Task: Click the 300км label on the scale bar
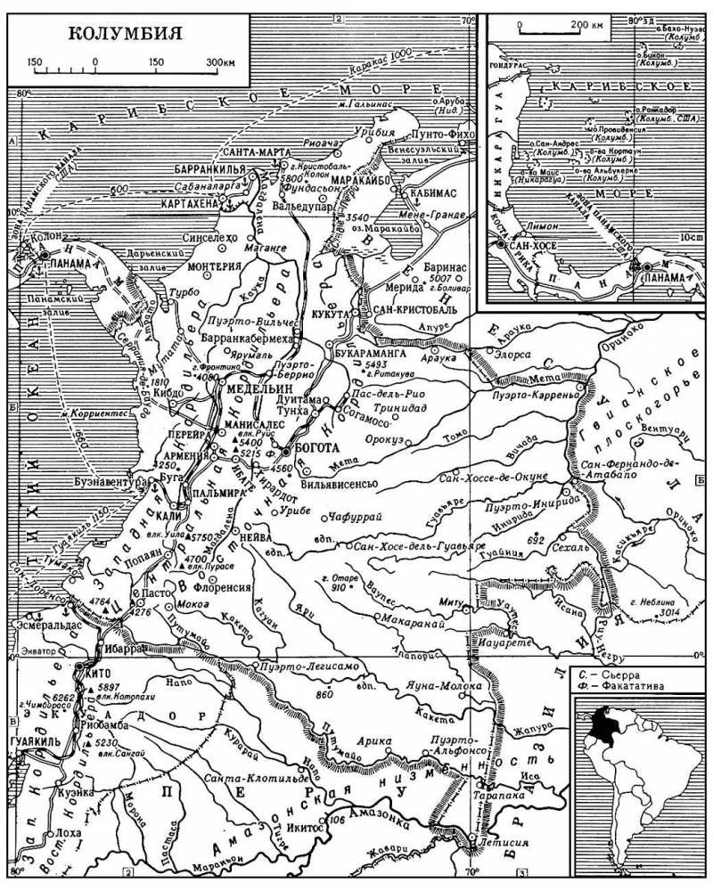(x=221, y=62)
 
